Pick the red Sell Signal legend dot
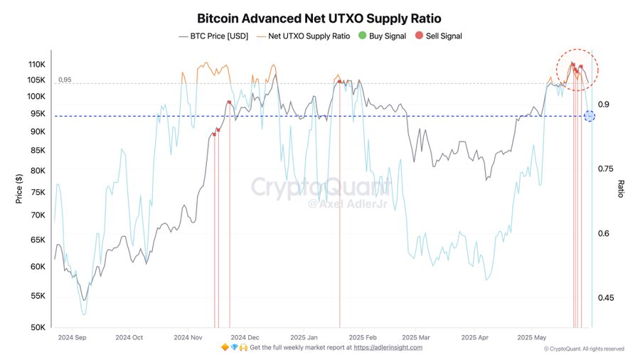click(420, 36)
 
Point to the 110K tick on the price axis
click(36, 64)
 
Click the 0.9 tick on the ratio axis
click(604, 105)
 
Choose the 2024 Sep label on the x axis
click(71, 337)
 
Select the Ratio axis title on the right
click(621, 189)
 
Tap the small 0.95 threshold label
click(65, 80)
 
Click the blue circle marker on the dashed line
click(589, 116)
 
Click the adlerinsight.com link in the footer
click(388, 348)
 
